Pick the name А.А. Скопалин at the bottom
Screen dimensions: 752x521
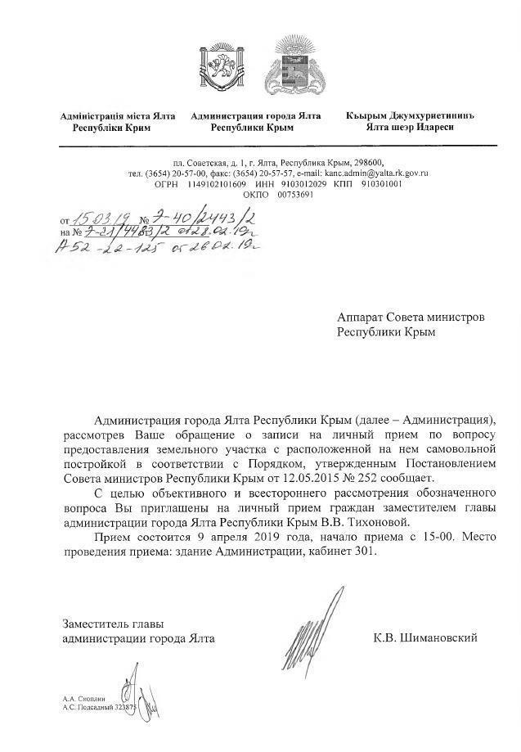click(84, 698)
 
